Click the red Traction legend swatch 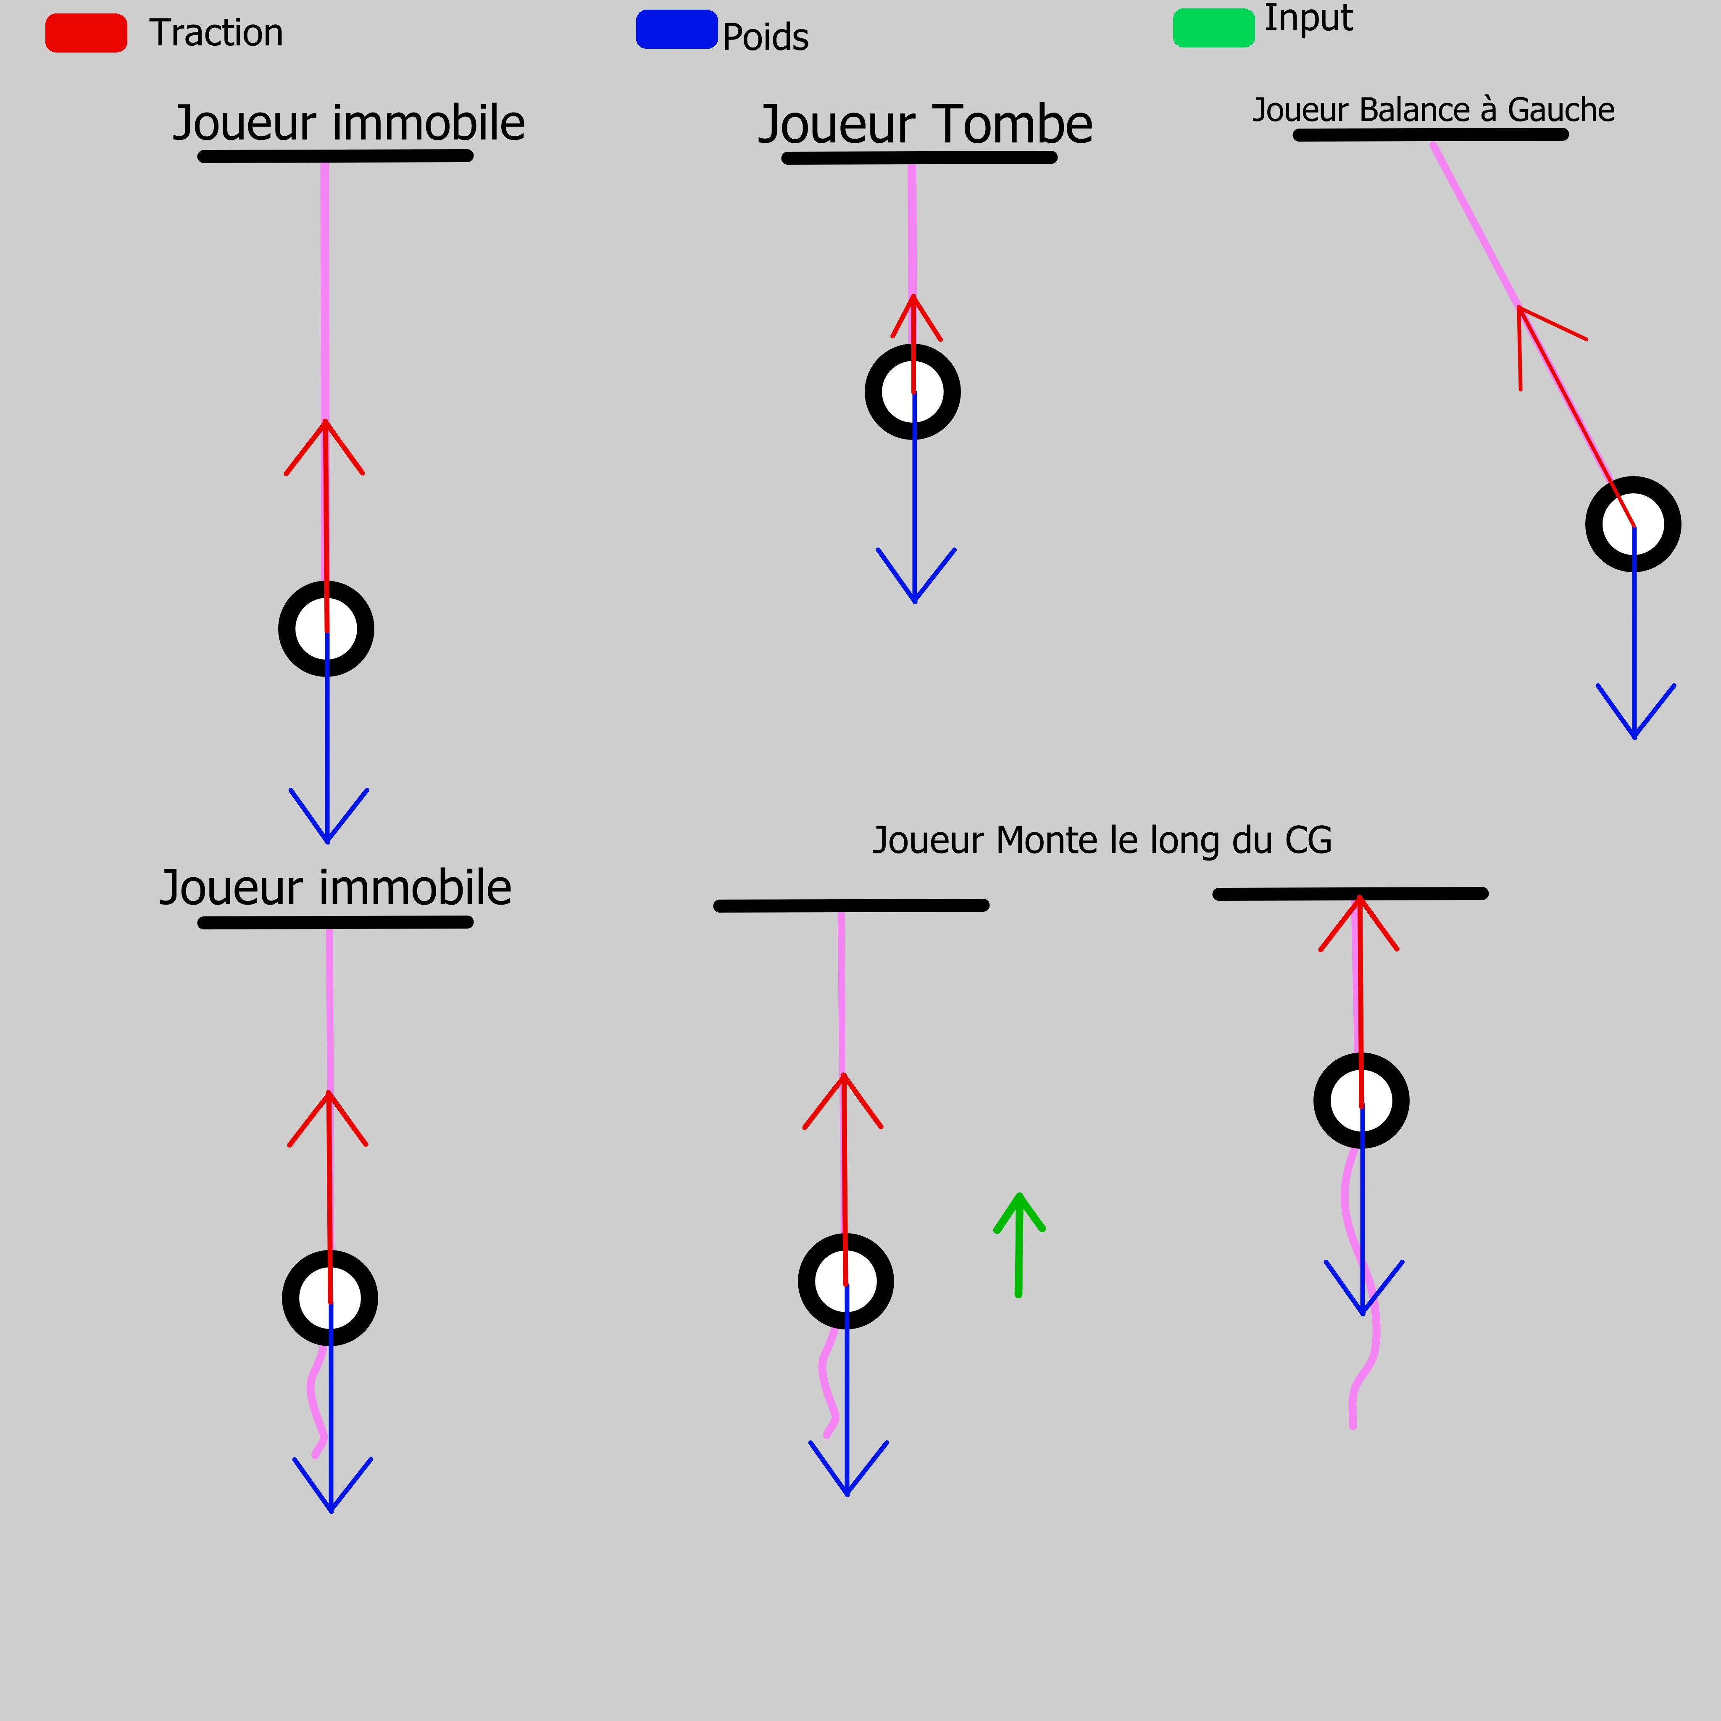87,33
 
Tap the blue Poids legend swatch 677,29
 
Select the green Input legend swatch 1214,28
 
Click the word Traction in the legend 216,33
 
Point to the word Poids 765,37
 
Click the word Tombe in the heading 1014,125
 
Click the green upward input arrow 1019,1245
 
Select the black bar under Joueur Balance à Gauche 1431,134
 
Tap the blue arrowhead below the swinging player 1635,711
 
